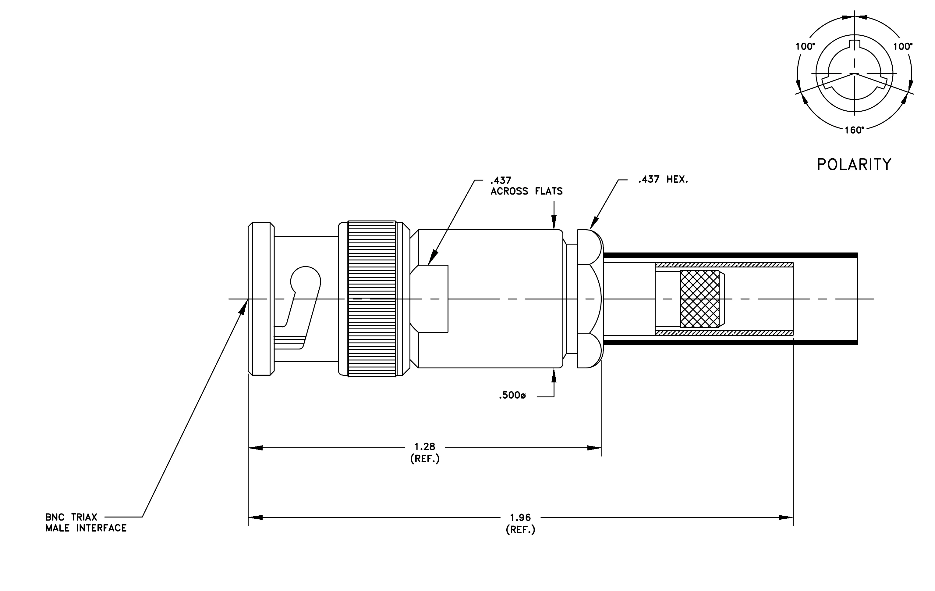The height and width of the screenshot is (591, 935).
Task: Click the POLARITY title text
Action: pos(854,165)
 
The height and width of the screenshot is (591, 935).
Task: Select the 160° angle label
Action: pos(854,130)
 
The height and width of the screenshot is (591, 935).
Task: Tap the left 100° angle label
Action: pos(805,47)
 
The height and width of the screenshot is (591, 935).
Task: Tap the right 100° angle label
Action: pos(903,47)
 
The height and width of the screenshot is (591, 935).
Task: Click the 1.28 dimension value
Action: pos(425,447)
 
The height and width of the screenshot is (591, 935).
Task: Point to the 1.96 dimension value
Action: pos(520,518)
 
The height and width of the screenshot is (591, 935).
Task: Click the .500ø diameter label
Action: pos(512,396)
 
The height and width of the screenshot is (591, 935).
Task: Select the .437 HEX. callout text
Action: pos(663,180)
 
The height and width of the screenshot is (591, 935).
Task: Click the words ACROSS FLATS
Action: pos(526,191)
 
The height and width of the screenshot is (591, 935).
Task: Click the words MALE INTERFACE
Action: pos(86,528)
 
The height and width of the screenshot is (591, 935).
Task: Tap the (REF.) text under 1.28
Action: pos(425,459)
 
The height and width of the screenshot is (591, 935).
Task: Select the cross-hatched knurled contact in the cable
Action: pos(700,299)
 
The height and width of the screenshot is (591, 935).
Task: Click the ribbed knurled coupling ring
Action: pos(372,299)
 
